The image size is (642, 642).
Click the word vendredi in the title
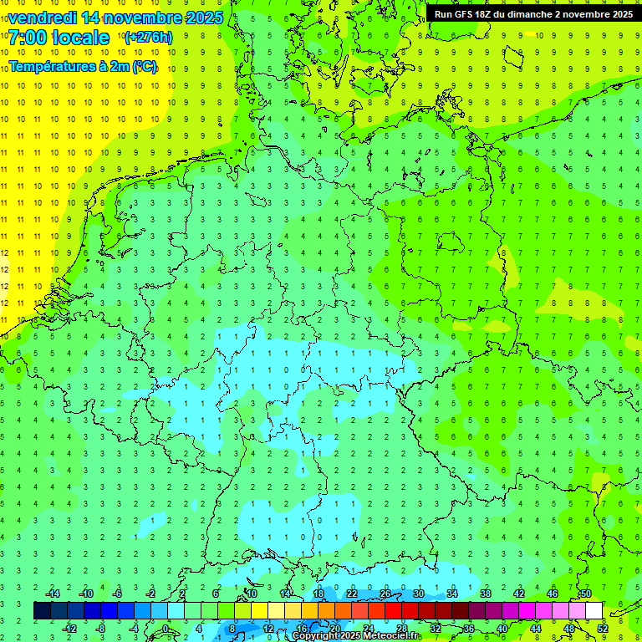pyautogui.click(x=43, y=18)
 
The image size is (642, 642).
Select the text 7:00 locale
pyautogui.click(x=59, y=38)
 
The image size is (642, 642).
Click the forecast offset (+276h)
pyautogui.click(x=148, y=38)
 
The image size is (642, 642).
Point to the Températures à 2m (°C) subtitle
pyautogui.click(x=82, y=67)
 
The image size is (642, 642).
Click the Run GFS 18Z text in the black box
pyautogui.click(x=469, y=13)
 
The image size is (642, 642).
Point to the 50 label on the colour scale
pyautogui.click(x=586, y=594)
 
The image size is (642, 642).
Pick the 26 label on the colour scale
pyautogui.click(x=385, y=594)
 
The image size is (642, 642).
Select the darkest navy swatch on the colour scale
pyautogui.click(x=42, y=610)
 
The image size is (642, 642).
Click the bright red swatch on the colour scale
pyautogui.click(x=393, y=610)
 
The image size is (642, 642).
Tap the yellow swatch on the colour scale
pyautogui.click(x=259, y=610)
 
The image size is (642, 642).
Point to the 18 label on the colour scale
pyautogui.click(x=318, y=594)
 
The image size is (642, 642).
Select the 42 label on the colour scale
pyautogui.click(x=519, y=594)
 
